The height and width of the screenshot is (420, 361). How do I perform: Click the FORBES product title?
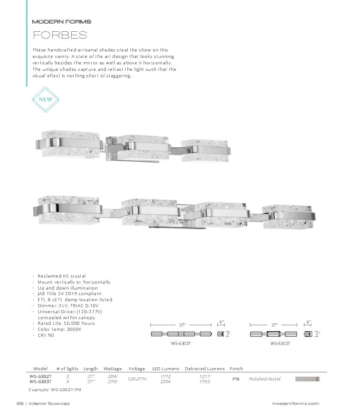(60, 35)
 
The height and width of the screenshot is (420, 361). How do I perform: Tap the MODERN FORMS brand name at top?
(61, 21)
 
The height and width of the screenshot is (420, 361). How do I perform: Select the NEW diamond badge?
(45, 100)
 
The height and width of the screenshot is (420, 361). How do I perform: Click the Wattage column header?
(113, 369)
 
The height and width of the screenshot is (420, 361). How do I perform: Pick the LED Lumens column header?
(165, 369)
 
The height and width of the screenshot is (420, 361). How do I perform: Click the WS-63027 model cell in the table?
(40, 376)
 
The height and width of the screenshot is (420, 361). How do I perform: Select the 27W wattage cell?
(113, 381)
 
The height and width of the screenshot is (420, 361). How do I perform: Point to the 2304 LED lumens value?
(165, 381)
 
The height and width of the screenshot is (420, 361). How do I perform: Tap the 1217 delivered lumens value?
(205, 376)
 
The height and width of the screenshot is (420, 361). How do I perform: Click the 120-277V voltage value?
(137, 379)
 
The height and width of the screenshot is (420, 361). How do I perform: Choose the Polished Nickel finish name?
(265, 379)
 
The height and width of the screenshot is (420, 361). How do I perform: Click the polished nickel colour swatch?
(307, 379)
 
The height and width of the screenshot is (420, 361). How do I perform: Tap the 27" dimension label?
(274, 325)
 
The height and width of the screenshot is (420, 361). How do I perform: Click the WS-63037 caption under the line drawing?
(180, 343)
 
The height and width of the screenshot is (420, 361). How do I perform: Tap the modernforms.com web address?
(295, 404)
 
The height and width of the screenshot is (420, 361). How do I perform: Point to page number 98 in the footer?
(19, 404)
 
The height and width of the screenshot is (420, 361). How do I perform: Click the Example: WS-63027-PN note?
(54, 390)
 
